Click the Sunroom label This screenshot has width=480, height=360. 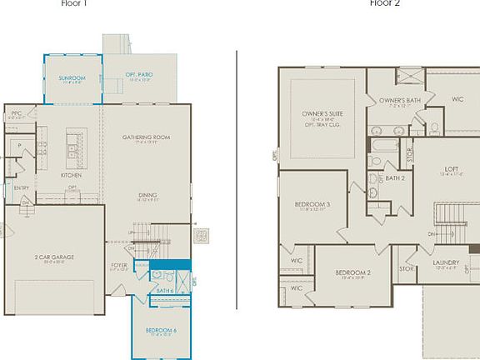[x=72, y=77]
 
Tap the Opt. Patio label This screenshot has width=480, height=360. [x=138, y=75]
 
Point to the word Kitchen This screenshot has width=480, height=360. [x=71, y=175]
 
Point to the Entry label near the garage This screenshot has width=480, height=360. [x=21, y=187]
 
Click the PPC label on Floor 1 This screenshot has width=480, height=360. [x=16, y=113]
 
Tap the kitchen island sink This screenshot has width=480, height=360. [x=73, y=151]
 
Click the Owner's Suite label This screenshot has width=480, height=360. [x=322, y=113]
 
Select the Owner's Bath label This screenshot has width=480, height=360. [x=397, y=101]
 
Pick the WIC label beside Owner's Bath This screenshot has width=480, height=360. [x=457, y=99]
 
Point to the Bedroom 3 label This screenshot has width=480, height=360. [x=312, y=204]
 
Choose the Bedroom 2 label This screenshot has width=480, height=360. [x=352, y=272]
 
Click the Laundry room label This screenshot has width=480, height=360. [x=446, y=263]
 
